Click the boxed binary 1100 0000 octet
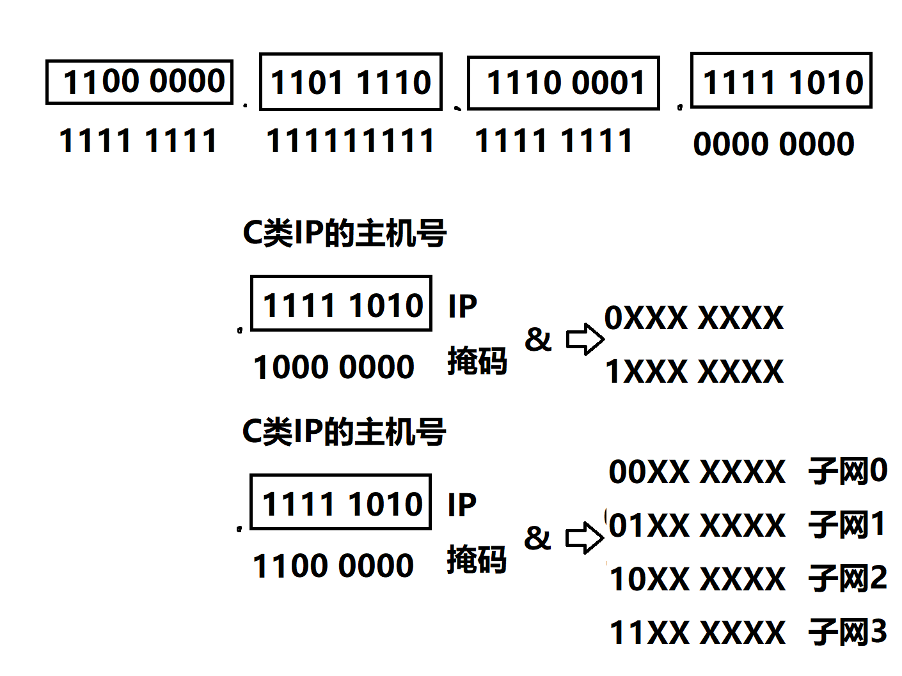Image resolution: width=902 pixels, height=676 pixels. point(139,82)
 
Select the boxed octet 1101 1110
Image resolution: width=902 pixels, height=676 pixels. point(351,82)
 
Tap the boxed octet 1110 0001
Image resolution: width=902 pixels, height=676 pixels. point(564,83)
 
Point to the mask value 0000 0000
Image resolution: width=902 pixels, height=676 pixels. point(774,144)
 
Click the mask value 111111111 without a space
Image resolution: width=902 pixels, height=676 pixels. point(351,141)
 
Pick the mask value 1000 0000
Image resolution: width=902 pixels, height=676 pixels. point(334,367)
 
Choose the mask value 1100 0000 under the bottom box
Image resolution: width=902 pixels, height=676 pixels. point(333,566)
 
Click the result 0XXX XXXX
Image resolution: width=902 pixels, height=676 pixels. point(694,318)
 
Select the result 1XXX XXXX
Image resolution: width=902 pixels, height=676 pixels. point(694,372)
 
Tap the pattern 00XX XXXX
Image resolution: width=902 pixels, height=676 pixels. point(697,472)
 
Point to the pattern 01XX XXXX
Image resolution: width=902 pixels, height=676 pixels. point(697,526)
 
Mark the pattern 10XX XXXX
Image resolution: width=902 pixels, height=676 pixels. point(697,580)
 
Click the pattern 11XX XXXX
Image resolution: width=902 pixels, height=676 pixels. point(697,633)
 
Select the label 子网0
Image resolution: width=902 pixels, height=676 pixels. point(848,472)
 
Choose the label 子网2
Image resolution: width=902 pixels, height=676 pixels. point(848,579)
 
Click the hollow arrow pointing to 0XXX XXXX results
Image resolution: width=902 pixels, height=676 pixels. point(585,339)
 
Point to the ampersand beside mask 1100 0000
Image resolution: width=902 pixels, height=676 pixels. point(537,538)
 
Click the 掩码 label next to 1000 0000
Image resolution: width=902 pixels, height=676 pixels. point(477,362)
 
